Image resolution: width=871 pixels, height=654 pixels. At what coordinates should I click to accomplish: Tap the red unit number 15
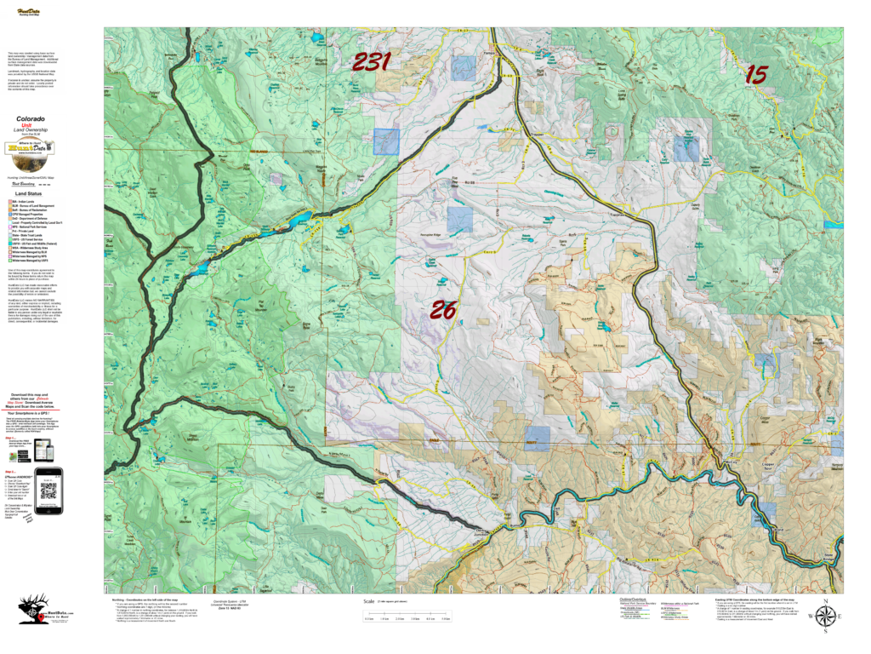(755, 74)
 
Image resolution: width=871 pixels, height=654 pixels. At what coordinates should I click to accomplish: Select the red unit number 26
(443, 310)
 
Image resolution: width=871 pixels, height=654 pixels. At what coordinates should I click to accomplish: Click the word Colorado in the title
(31, 119)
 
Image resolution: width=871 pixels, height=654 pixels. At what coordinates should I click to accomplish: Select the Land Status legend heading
(29, 194)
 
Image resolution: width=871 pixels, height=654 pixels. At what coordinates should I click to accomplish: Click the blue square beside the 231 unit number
(464, 68)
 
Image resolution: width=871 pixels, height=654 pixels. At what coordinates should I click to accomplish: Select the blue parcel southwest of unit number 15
(686, 148)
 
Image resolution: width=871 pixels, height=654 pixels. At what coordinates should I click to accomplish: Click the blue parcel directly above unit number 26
(459, 221)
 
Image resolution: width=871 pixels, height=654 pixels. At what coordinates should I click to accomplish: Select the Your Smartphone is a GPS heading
(31, 412)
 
